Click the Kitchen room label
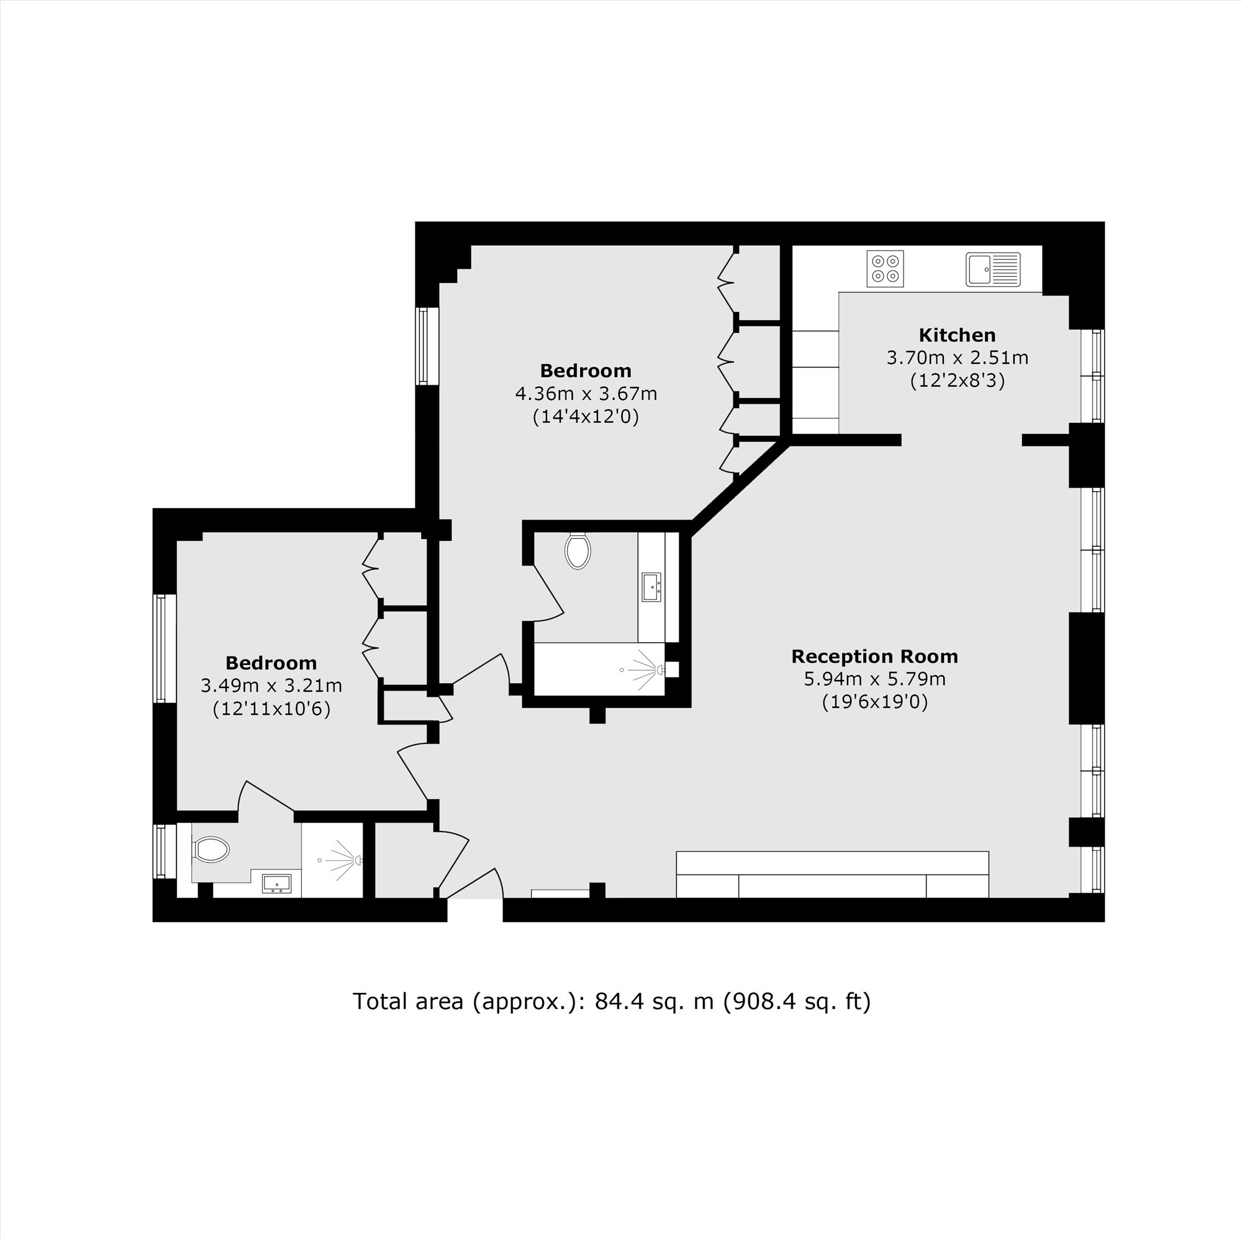point(956,335)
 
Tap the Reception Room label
point(874,656)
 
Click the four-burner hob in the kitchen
point(884,269)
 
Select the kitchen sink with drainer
point(992,269)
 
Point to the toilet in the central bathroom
point(578,550)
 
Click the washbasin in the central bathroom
point(651,587)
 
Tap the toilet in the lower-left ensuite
point(212,849)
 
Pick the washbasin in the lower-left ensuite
point(276,884)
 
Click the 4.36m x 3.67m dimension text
point(586,394)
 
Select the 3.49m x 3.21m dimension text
point(271,686)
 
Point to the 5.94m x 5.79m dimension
point(874,679)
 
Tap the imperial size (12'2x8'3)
point(956,381)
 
